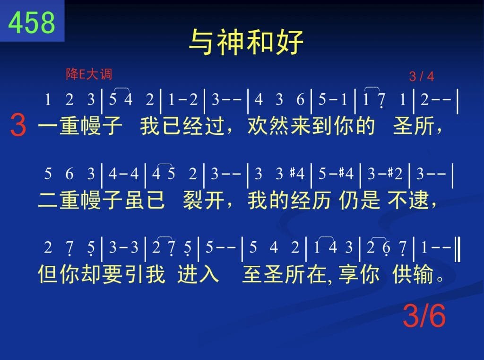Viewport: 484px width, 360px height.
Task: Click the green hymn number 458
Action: (x=32, y=22)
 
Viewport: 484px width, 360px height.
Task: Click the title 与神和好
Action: (x=246, y=42)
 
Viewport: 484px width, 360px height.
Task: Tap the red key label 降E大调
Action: (x=89, y=74)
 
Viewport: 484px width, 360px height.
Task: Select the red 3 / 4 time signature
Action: (x=421, y=76)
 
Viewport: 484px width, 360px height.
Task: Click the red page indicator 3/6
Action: (x=424, y=316)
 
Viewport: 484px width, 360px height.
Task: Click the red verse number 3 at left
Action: (x=18, y=125)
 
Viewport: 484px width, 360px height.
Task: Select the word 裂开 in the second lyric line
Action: (x=203, y=200)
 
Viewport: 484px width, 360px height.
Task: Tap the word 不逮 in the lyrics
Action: (x=408, y=200)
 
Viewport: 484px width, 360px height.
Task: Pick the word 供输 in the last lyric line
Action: (x=413, y=274)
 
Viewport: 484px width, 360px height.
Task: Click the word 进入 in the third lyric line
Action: (x=198, y=274)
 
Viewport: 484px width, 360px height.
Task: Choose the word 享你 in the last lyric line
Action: (x=359, y=274)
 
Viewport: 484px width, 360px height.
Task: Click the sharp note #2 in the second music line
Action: (x=396, y=174)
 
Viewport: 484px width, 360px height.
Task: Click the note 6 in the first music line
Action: (x=300, y=99)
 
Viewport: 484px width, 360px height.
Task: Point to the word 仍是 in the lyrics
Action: (x=359, y=200)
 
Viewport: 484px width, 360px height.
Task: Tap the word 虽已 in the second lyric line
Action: (x=145, y=200)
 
